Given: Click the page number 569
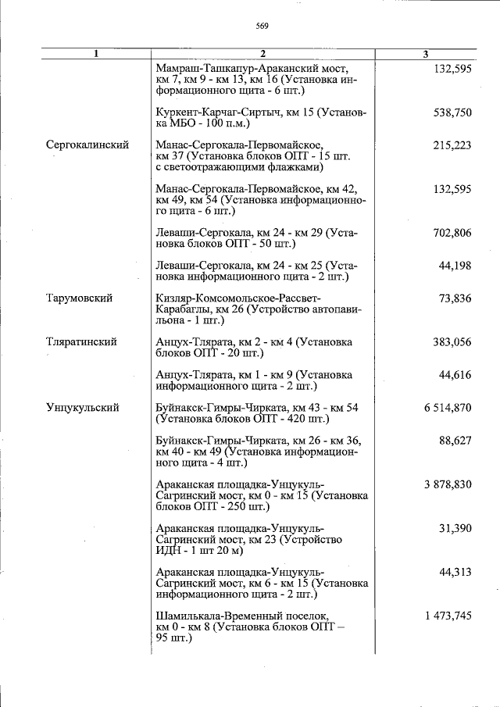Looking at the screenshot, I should point(262,26).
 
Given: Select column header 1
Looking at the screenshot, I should point(95,54).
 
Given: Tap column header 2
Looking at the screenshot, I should point(263,54).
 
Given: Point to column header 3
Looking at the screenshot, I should point(425,54).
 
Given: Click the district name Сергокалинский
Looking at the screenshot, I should point(87,145).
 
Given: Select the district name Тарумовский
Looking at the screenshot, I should point(79,298).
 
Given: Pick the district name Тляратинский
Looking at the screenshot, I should point(82,342).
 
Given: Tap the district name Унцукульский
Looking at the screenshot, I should point(83,407).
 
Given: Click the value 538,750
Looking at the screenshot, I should point(452,112).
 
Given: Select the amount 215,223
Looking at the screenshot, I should point(452,145).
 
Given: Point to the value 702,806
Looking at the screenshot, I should point(452,233).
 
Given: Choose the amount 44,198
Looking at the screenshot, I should point(455,266).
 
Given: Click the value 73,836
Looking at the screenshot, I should point(455,298).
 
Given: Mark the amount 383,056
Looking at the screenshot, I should point(452,342).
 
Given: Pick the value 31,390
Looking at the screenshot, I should point(455,529).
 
